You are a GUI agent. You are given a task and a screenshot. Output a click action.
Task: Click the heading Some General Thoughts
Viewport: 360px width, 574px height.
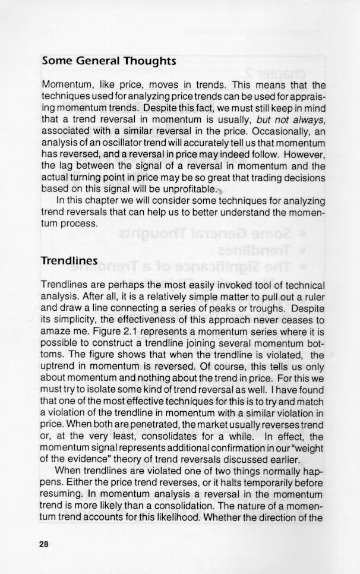(x=109, y=61)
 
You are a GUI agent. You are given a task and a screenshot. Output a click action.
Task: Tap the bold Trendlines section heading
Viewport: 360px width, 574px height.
(x=69, y=261)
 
